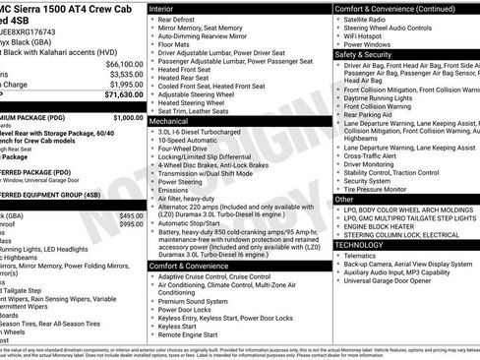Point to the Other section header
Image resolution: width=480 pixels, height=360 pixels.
(344, 199)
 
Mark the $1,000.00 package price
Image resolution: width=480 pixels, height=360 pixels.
(126, 117)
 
